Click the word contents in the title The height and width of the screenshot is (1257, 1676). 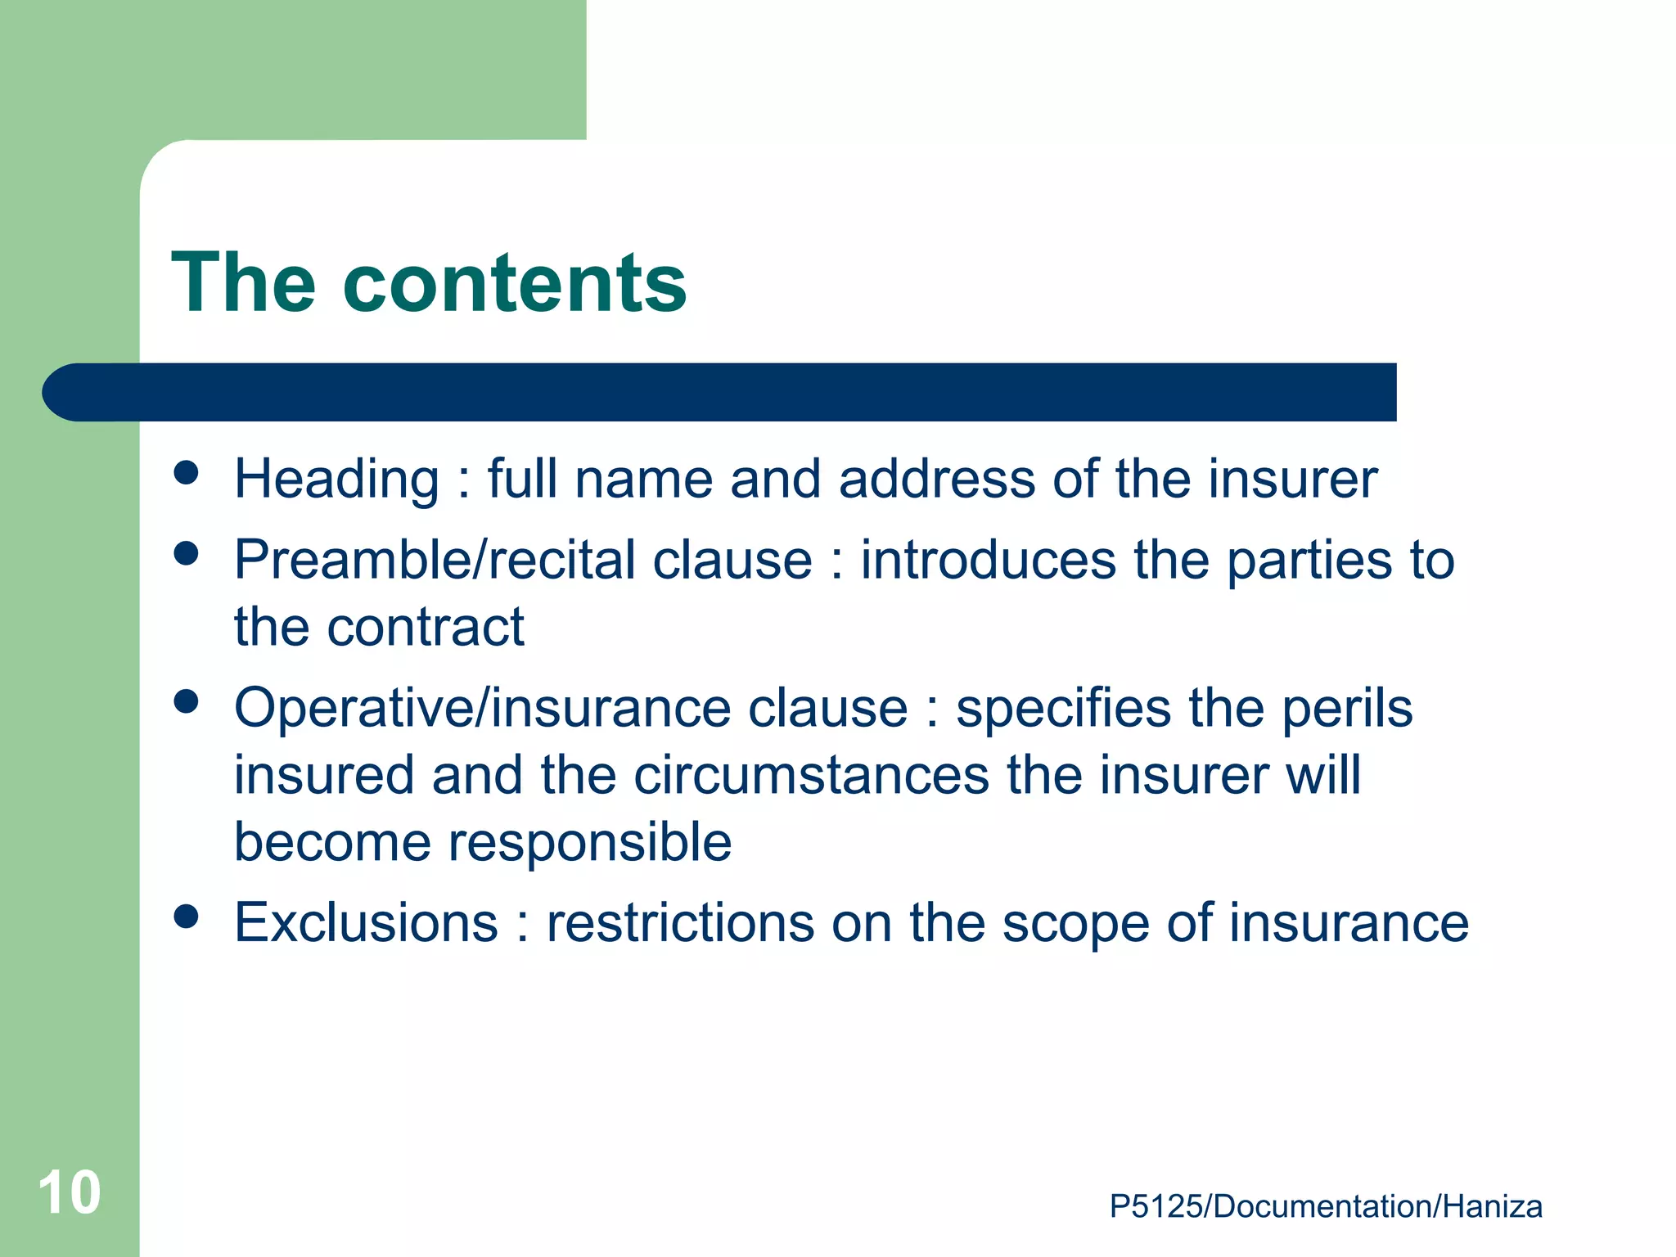click(x=515, y=283)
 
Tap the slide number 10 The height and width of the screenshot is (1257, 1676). click(x=70, y=1193)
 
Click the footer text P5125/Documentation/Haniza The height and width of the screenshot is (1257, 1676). click(x=1326, y=1207)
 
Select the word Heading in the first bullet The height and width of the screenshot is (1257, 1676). click(x=337, y=479)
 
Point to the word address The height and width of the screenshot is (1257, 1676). click(x=937, y=479)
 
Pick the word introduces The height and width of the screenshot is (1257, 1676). click(x=989, y=561)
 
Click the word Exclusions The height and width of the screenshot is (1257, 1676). click(x=367, y=923)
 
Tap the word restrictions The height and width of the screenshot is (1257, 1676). click(x=681, y=923)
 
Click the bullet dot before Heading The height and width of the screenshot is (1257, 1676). click(x=187, y=473)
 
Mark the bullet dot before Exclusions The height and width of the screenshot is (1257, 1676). click(x=187, y=917)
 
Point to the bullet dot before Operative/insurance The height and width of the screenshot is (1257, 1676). click(x=187, y=701)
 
